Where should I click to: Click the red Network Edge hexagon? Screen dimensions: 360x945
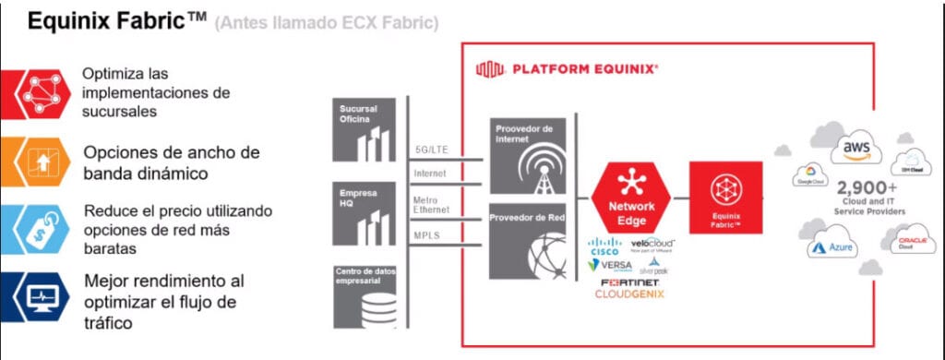[x=631, y=198]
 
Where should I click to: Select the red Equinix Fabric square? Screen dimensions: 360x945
[x=725, y=198]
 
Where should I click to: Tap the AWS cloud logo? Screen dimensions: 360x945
[x=855, y=150]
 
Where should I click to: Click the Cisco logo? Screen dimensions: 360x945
[x=605, y=247]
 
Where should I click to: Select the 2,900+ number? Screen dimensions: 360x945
[x=862, y=188]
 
